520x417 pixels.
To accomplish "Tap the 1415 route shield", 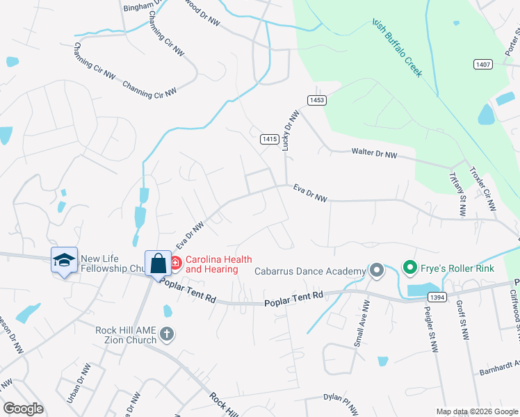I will (x=270, y=140).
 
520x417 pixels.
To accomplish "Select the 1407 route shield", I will (x=484, y=65).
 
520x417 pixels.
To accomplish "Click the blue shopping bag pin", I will (x=159, y=264).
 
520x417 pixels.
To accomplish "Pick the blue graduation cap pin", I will (x=64, y=261).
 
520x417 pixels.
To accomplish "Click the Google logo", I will (x=23, y=409).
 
